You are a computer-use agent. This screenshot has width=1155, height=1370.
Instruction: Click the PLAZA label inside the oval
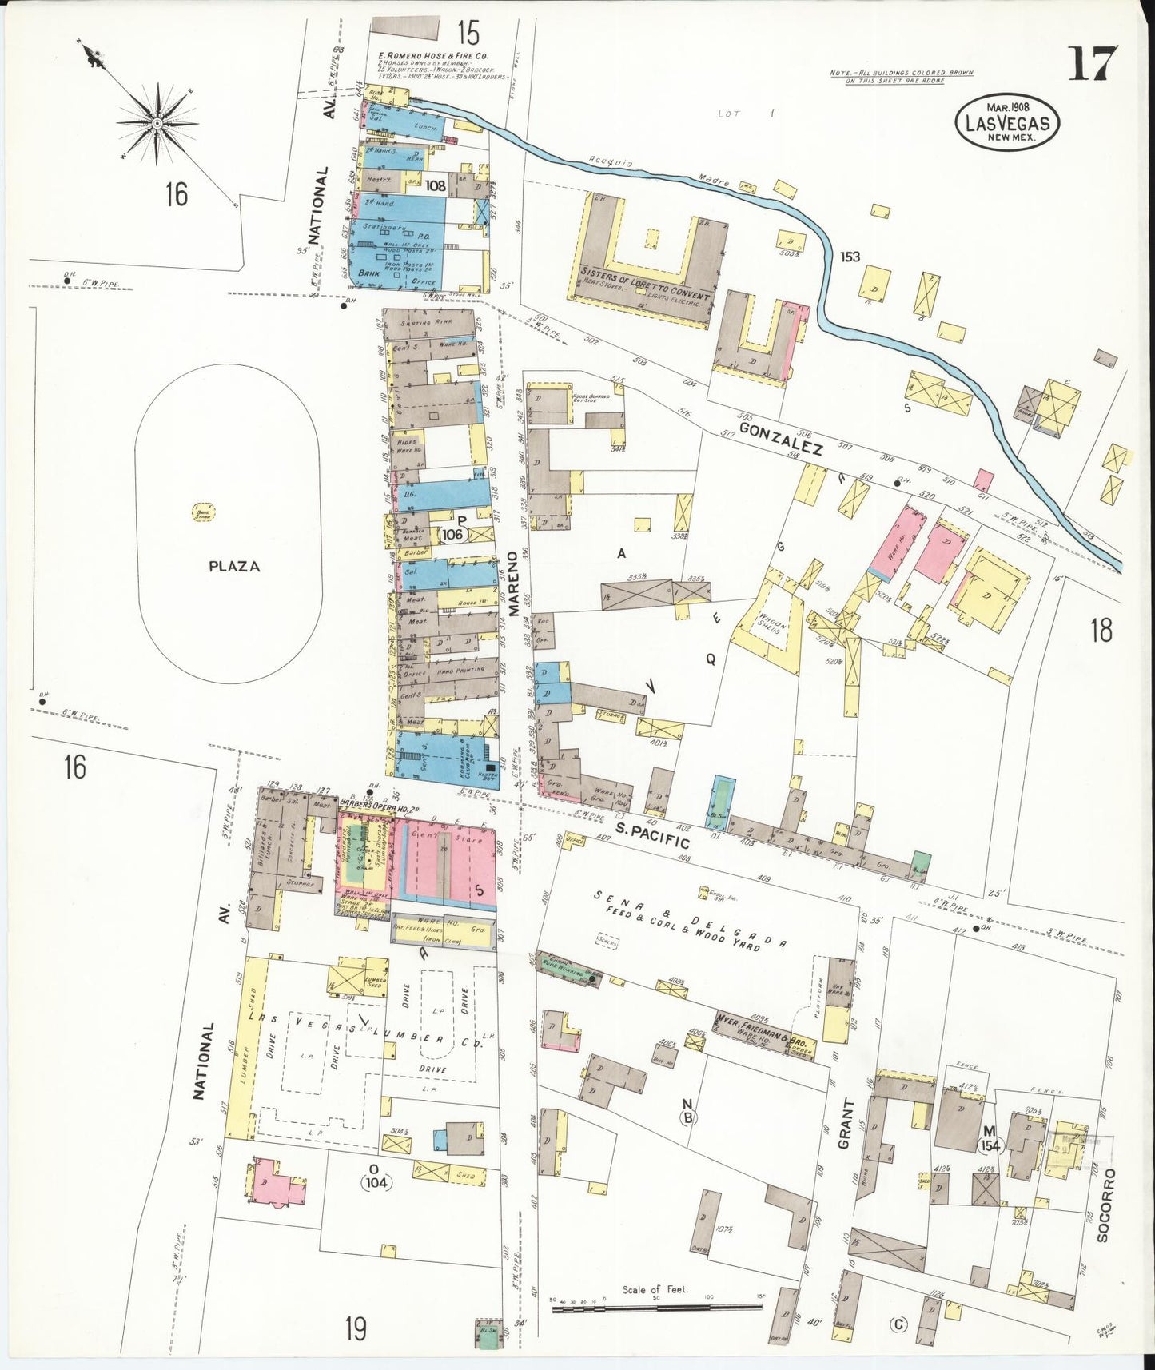click(x=234, y=566)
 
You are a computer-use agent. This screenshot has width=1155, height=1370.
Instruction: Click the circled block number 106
click(x=452, y=534)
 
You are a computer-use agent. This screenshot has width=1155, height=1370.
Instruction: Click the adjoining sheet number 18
click(x=1101, y=631)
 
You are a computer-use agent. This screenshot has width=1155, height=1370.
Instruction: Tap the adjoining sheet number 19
click(x=356, y=1329)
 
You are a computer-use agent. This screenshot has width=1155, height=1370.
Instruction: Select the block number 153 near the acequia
click(x=850, y=257)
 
